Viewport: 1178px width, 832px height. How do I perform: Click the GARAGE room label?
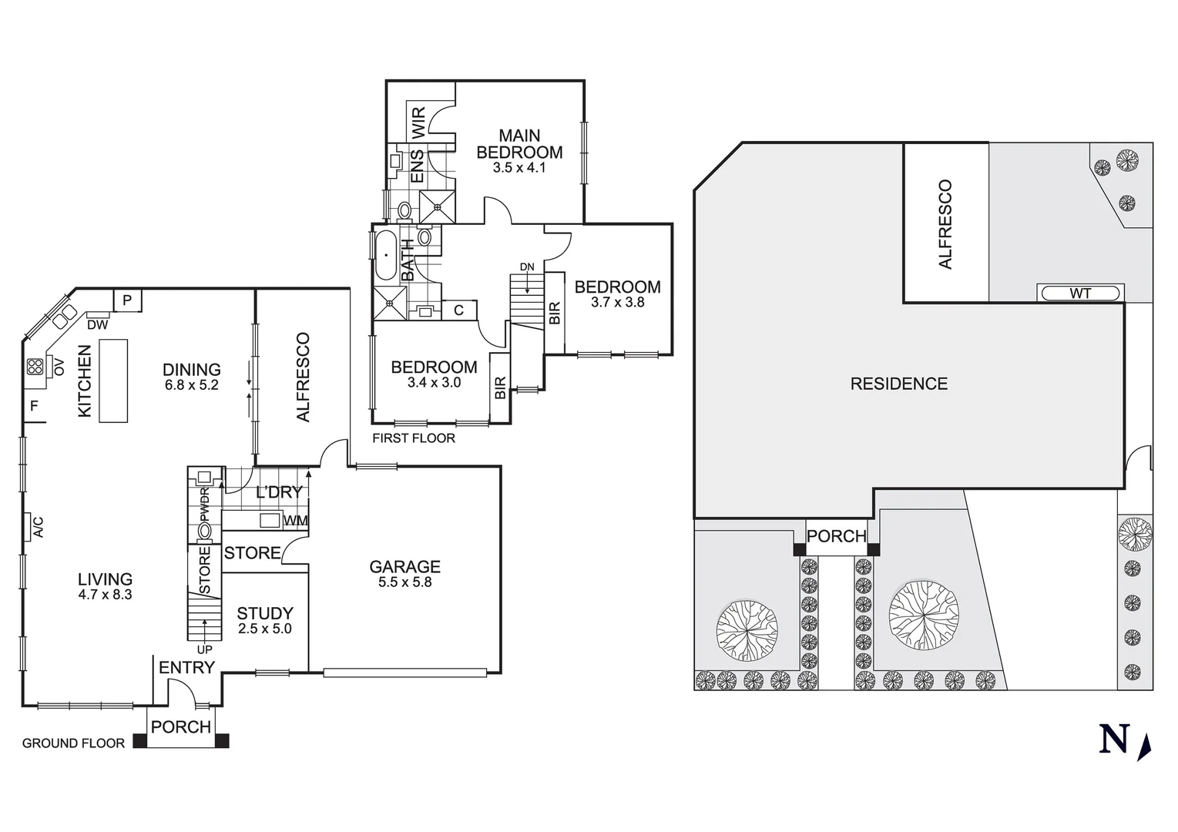click(404, 567)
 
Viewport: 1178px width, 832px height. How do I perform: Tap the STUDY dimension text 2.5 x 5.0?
click(264, 629)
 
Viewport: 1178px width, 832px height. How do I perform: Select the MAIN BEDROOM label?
click(519, 144)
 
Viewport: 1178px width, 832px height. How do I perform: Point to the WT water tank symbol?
click(1079, 294)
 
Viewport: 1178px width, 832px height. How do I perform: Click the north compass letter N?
click(1114, 739)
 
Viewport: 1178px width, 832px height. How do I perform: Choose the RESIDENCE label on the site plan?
click(898, 384)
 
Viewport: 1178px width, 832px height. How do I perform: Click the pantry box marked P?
click(128, 300)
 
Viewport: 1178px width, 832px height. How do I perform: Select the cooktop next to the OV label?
click(35, 367)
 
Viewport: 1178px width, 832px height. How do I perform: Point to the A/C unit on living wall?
click(36, 528)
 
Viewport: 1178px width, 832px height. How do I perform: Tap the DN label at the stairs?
click(526, 267)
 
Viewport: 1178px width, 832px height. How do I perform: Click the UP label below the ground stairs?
click(204, 649)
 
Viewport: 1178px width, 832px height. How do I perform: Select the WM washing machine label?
click(295, 521)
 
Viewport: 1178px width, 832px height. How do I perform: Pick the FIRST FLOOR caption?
click(414, 438)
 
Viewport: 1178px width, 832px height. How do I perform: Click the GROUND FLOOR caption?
click(73, 743)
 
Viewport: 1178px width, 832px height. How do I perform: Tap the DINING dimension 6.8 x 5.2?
click(191, 385)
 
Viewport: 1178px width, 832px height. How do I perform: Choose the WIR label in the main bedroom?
click(418, 122)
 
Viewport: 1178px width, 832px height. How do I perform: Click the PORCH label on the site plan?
click(837, 536)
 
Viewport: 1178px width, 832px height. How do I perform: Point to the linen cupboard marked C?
click(458, 310)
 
